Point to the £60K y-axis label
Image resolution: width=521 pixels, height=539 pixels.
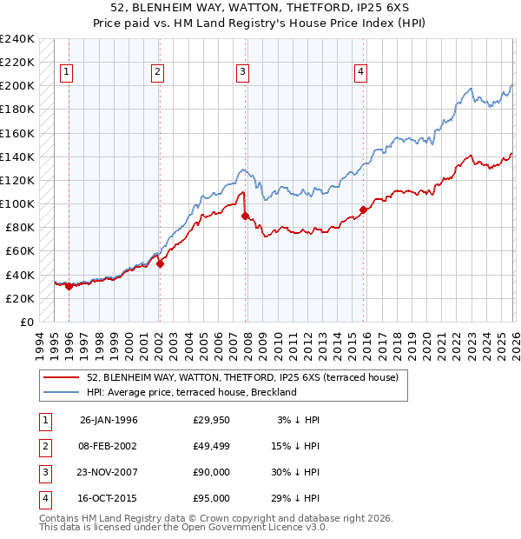coord(20,251)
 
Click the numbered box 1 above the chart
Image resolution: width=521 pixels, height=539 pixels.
coord(68,73)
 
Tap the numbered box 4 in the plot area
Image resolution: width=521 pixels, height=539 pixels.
coord(360,73)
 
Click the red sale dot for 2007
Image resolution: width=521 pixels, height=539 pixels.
coord(245,216)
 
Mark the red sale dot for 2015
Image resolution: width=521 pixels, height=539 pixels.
coord(363,210)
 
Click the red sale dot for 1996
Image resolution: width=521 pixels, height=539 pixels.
coord(69,286)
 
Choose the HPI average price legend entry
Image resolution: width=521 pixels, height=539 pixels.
coord(192,392)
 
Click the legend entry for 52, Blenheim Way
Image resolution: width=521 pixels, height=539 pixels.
coord(242,377)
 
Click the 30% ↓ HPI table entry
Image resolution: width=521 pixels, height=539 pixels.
coord(295,474)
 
